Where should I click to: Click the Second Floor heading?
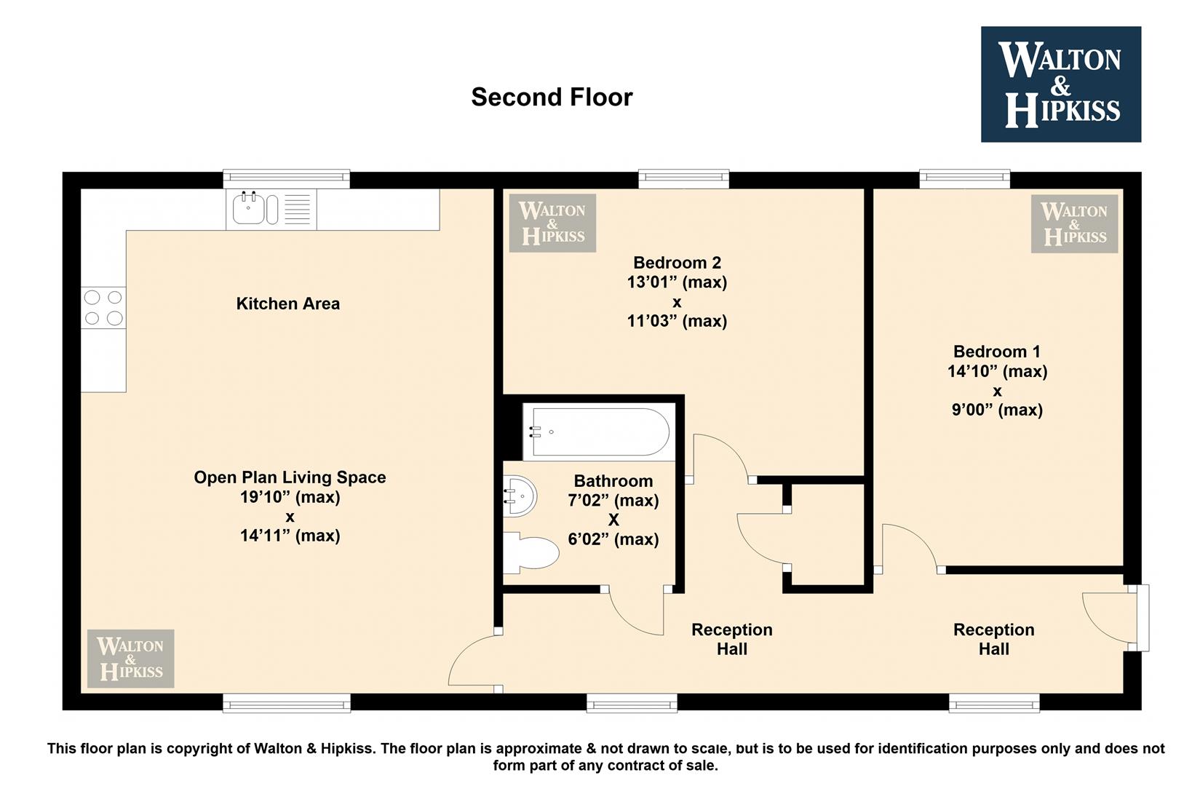point(552,98)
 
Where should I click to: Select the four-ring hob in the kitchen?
point(103,308)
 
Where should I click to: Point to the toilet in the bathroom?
point(531,552)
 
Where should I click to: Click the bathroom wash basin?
point(520,496)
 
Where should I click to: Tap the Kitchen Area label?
point(288,304)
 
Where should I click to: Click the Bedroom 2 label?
point(677,262)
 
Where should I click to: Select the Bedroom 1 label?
point(997,352)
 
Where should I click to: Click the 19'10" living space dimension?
point(290,497)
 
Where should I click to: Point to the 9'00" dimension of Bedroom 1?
point(997,410)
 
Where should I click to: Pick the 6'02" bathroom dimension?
point(613,539)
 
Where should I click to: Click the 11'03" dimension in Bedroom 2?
point(677,321)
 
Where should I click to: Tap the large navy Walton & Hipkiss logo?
point(1060,84)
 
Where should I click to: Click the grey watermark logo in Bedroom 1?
point(1074,223)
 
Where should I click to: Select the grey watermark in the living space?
point(131,659)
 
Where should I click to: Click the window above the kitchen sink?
point(286,179)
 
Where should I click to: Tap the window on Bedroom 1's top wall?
point(964,179)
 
